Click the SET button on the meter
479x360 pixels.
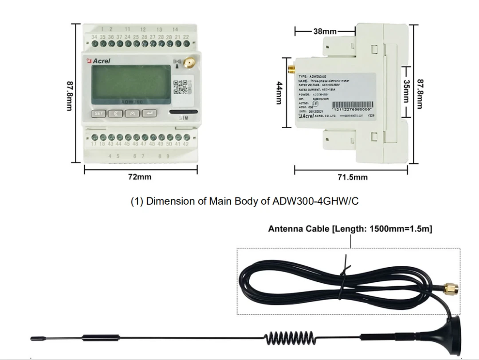click(x=98, y=114)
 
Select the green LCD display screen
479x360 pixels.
click(x=130, y=85)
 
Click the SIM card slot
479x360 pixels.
click(x=183, y=112)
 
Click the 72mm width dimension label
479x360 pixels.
click(x=140, y=177)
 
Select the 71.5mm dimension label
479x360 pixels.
click(x=353, y=177)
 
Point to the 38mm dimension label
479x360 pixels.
click(x=325, y=32)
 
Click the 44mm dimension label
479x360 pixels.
click(x=279, y=92)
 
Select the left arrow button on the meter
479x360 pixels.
click(x=115, y=114)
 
